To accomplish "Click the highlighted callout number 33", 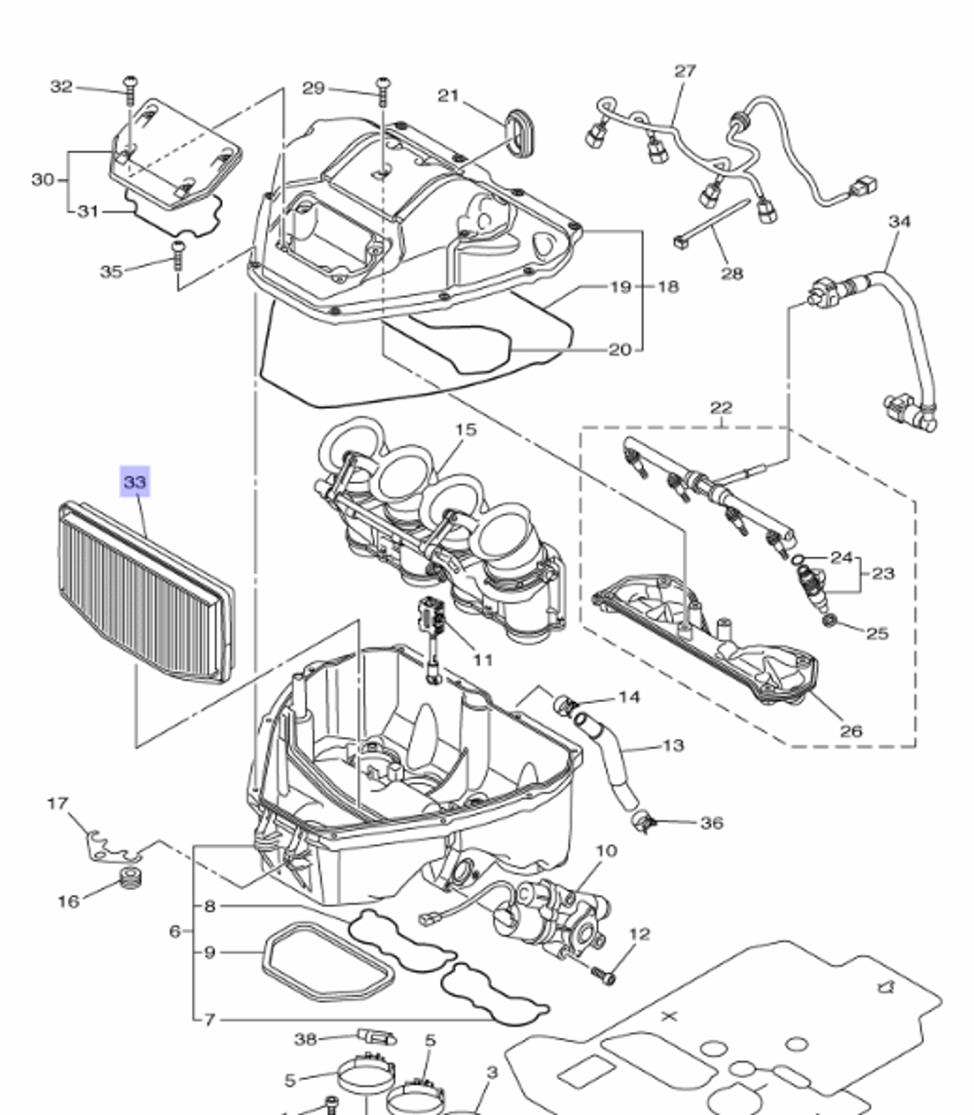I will tap(134, 481).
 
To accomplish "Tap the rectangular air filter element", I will tap(146, 594).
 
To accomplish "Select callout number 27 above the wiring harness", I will tap(685, 71).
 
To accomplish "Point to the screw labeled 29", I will tap(383, 93).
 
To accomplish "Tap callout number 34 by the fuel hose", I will tap(899, 221).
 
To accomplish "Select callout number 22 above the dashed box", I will tap(721, 407).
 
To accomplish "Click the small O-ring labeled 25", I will tap(829, 620).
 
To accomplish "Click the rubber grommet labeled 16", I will tap(125, 881).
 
